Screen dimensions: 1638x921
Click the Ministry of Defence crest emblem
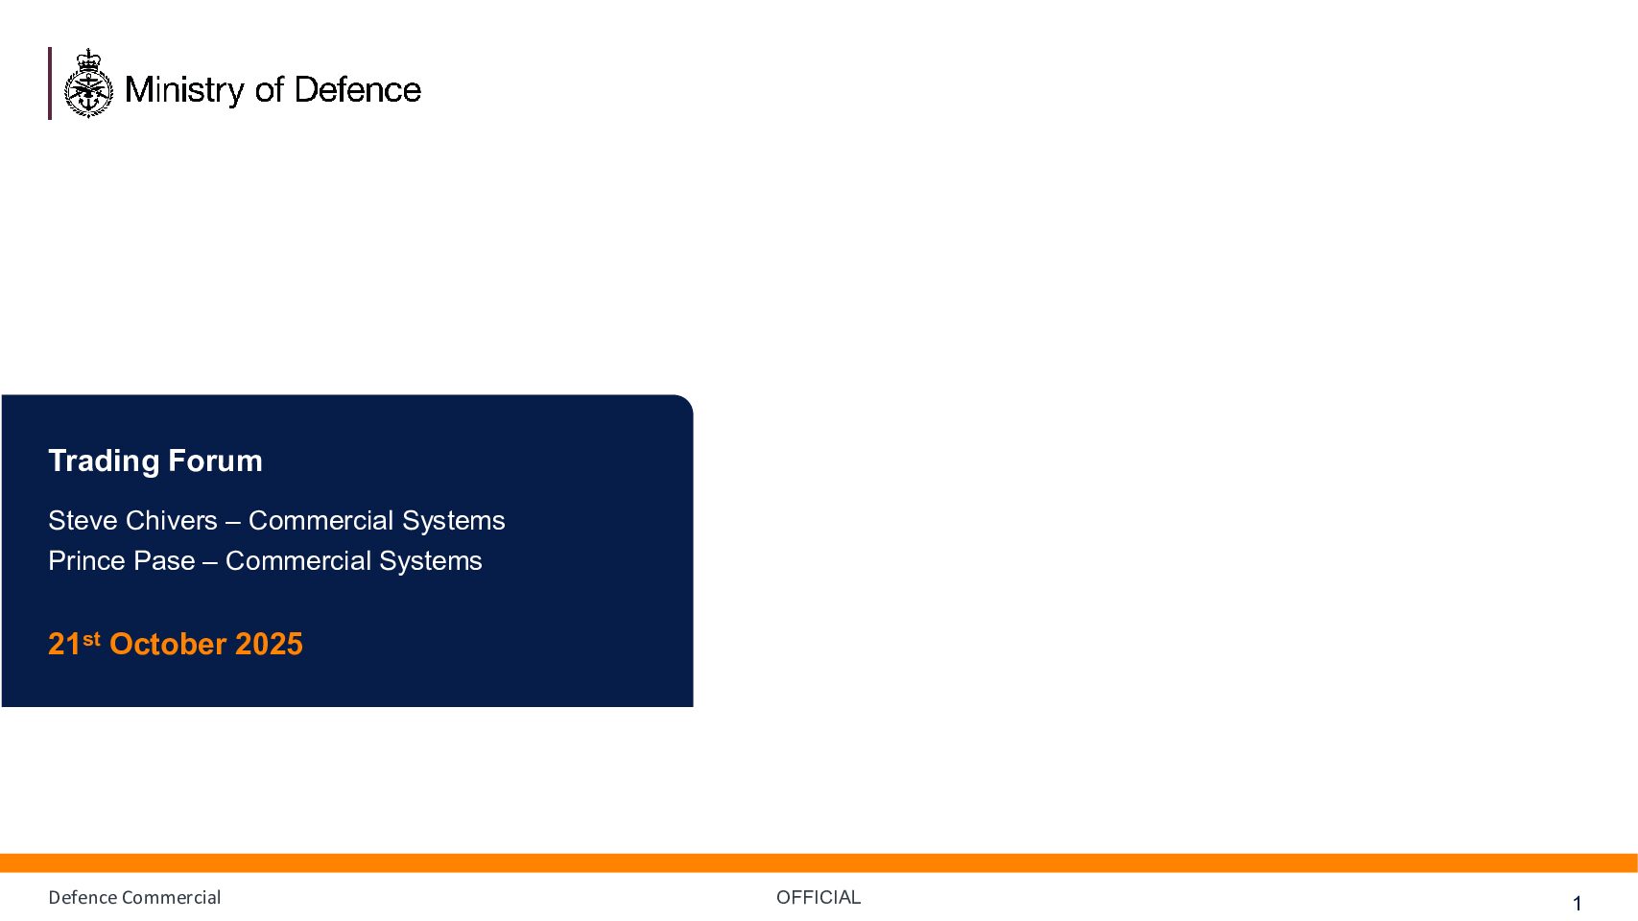88,83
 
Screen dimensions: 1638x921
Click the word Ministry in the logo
184,90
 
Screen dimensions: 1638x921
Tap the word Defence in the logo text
358,90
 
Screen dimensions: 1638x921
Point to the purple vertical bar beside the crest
50,83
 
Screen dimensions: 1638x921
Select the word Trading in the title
104,462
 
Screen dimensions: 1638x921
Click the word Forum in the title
215,461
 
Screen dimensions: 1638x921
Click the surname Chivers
171,520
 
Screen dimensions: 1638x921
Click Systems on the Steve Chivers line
453,521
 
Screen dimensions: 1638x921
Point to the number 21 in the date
64,644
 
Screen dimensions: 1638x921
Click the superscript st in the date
91,640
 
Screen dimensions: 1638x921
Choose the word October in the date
168,644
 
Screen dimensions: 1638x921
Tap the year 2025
269,644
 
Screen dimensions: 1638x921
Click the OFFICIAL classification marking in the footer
819,898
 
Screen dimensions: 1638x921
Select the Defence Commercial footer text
134,898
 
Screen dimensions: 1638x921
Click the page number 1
1578,904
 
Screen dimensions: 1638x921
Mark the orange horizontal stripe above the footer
819,862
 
